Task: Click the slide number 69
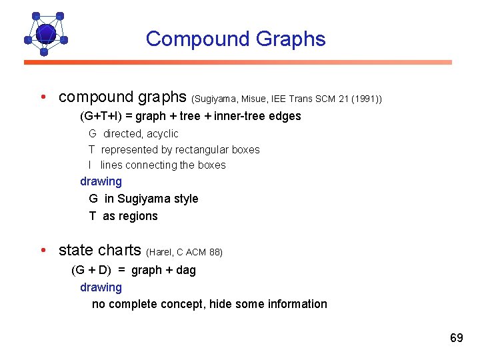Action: point(456,338)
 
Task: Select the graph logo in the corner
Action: point(45,33)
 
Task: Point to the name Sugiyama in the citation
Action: point(215,99)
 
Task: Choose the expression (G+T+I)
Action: point(101,116)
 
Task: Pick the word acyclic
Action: point(163,134)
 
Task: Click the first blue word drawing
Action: point(101,181)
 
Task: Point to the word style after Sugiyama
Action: point(184,199)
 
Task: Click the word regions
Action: point(139,216)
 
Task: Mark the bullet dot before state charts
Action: point(42,251)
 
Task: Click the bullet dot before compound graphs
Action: point(42,97)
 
